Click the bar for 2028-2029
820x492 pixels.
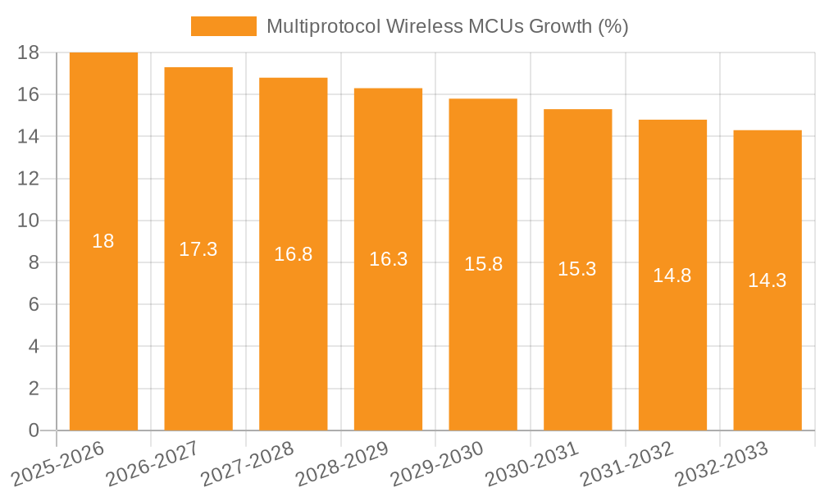[x=388, y=344]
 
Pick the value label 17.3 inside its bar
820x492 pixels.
[x=198, y=249]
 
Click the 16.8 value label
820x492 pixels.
[x=293, y=254]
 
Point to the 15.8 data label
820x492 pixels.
[x=483, y=265]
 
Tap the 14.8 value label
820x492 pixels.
[x=672, y=276]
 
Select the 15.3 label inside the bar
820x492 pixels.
[x=577, y=270]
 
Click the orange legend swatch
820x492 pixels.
[x=223, y=26]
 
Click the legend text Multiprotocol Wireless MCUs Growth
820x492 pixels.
[x=447, y=26]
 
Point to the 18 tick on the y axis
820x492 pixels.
[x=28, y=52]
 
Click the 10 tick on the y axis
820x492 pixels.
[x=28, y=221]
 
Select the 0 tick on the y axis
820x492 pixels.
[x=34, y=430]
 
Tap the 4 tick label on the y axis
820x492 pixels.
[x=34, y=347]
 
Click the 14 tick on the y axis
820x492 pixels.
[x=28, y=136]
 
